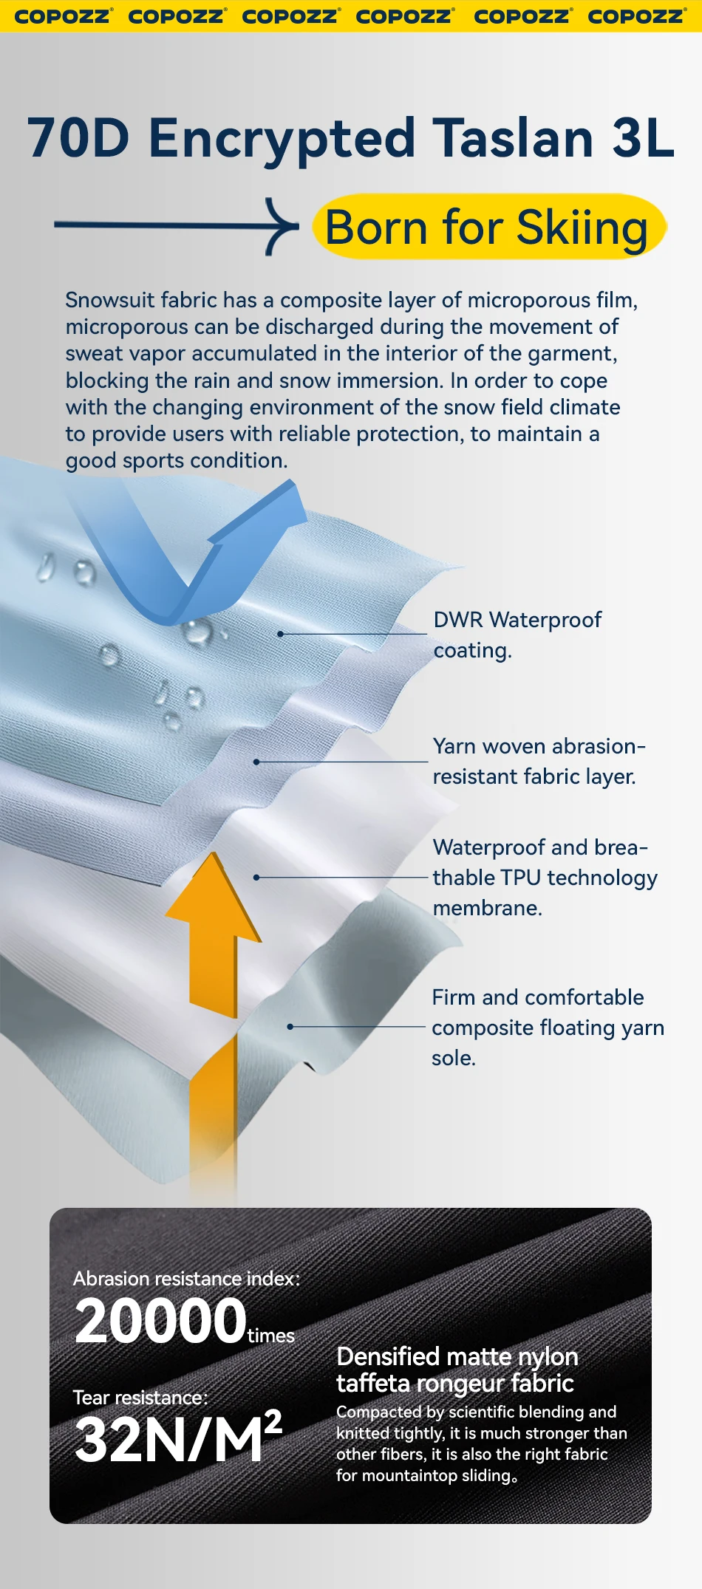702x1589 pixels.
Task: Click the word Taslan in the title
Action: pos(513,138)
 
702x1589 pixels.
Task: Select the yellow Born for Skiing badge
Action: pos(488,227)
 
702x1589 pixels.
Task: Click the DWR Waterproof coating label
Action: pos(517,635)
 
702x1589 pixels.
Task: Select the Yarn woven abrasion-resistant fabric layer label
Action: pos(539,761)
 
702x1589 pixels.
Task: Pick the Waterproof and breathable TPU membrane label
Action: pos(544,877)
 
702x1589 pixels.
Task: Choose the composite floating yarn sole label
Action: pos(547,1027)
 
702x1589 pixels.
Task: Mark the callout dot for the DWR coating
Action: pos(281,634)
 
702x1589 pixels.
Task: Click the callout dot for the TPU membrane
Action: pos(256,878)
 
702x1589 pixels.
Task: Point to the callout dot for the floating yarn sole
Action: pos(290,1027)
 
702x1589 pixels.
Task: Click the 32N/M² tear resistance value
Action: pos(178,1439)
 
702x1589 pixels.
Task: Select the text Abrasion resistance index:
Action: pos(186,1279)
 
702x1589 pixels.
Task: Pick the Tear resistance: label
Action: pos(140,1398)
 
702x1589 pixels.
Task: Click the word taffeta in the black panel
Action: pos(372,1383)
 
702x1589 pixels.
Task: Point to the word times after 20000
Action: pos(271,1336)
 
